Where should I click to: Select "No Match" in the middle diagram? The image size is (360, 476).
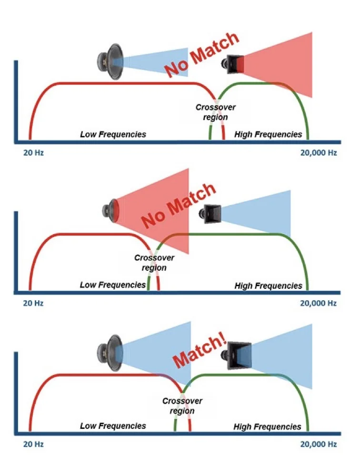coord(179,205)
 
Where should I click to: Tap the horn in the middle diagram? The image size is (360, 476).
coord(211,214)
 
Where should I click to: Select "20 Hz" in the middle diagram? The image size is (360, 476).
coord(33,303)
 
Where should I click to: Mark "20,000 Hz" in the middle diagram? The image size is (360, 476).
coord(318,303)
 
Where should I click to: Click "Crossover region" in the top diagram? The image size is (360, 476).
coord(215,112)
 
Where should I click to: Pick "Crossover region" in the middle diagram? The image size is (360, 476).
coord(154,263)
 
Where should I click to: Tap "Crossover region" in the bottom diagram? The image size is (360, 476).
coord(182,406)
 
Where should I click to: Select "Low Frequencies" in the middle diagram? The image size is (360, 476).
coord(113,285)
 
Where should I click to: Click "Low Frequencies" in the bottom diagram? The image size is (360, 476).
coord(113,426)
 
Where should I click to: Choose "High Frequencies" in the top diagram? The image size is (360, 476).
coord(268,134)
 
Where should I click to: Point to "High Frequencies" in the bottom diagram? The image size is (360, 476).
coord(268,426)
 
